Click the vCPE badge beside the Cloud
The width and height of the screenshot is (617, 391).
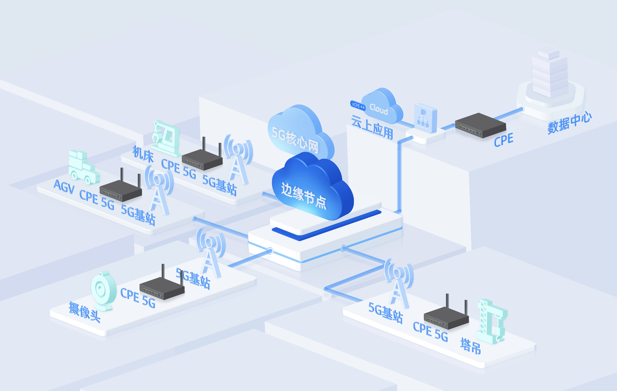[358, 105]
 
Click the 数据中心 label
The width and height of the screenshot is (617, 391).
[569, 123]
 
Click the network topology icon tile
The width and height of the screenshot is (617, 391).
[425, 118]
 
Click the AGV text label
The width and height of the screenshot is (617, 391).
[64, 186]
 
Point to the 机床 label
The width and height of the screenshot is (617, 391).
[143, 154]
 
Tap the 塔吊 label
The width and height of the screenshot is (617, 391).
[470, 346]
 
